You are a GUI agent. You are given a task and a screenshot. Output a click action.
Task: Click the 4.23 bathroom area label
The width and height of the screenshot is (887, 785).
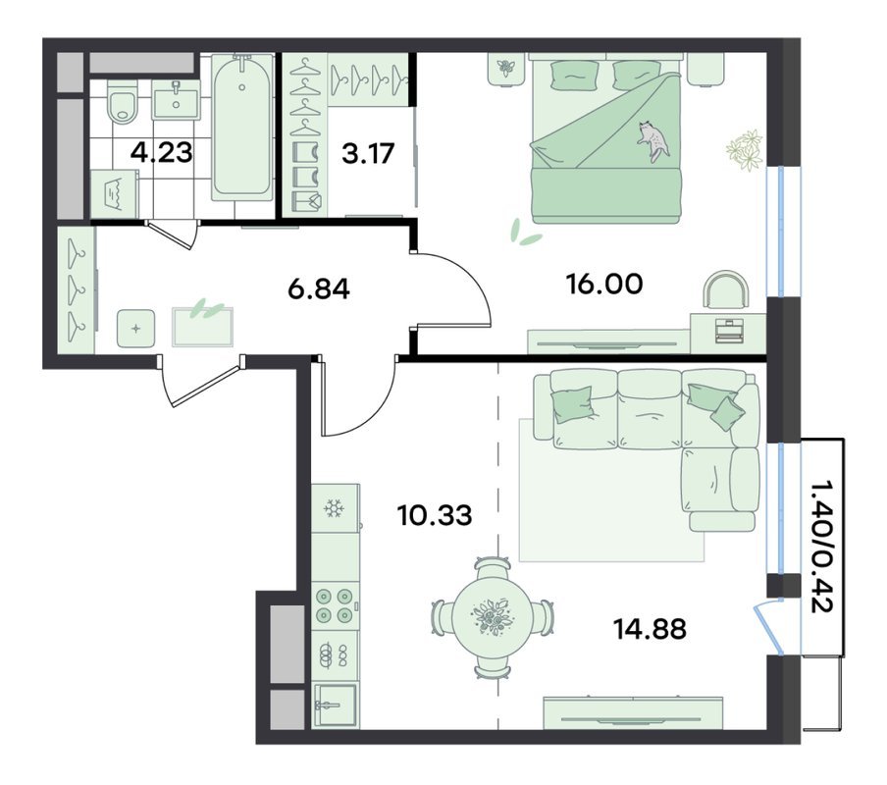point(162,152)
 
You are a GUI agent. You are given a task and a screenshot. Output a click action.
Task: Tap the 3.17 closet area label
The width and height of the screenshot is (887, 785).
point(368,153)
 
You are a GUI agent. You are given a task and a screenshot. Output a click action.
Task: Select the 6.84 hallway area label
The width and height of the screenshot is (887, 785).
point(319,289)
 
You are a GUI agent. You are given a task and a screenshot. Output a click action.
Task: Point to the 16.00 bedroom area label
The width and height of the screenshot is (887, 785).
point(604,284)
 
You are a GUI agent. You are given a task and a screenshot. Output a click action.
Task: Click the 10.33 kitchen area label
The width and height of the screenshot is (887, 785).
point(435,515)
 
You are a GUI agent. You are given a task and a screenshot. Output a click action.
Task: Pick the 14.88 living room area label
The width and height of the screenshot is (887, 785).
point(650,628)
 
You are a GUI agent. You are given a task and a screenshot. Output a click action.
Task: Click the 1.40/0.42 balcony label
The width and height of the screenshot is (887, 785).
point(821,548)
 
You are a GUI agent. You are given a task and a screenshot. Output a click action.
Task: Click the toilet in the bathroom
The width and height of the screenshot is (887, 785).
point(123,102)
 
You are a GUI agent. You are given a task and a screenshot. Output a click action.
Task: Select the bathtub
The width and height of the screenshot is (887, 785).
point(242,127)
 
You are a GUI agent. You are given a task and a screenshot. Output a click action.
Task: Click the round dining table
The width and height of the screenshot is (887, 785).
point(492,617)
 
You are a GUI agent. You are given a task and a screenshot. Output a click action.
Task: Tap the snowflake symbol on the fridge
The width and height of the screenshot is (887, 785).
point(334,509)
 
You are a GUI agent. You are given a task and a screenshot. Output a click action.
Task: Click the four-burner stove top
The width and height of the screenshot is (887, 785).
point(335,605)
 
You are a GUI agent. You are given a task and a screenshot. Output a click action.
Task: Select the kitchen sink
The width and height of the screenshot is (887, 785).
point(336,705)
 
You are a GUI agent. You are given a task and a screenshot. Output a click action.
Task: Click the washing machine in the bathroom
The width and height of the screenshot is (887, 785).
point(115,193)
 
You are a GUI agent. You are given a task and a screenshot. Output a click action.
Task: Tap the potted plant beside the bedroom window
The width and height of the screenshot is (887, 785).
point(745,149)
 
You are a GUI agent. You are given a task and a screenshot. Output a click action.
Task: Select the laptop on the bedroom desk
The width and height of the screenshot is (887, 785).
point(729,331)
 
